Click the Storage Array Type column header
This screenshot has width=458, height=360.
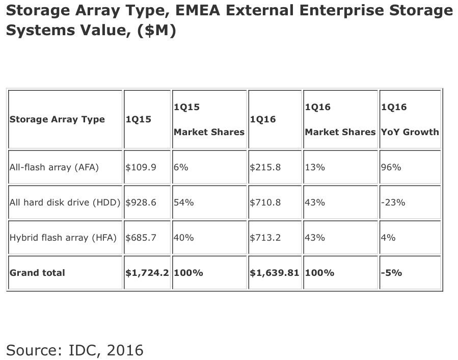pyautogui.click(x=57, y=119)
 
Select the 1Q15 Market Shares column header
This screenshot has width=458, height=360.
pyautogui.click(x=209, y=120)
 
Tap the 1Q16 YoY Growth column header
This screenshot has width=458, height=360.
pyautogui.click(x=410, y=120)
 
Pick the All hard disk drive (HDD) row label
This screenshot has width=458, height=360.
pyautogui.click(x=65, y=202)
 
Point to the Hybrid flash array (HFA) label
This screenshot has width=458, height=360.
pyautogui.click(x=63, y=237)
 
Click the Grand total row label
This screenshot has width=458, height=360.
pyautogui.click(x=37, y=272)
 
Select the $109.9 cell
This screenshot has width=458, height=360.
pyautogui.click(x=141, y=167)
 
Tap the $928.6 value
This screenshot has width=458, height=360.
pyautogui.click(x=141, y=202)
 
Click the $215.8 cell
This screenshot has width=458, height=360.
pyautogui.click(x=265, y=167)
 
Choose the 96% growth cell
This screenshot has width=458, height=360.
pyautogui.click(x=391, y=167)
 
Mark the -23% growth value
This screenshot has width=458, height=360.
pyautogui.click(x=393, y=202)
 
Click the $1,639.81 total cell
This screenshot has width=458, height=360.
pyautogui.click(x=274, y=272)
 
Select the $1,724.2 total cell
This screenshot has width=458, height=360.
pyautogui.click(x=148, y=272)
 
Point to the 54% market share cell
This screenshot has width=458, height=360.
pyautogui.click(x=183, y=202)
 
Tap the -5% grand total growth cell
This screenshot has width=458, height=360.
pyautogui.click(x=391, y=272)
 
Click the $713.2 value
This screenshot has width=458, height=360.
pyautogui.click(x=265, y=237)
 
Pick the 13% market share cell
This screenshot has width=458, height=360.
pyautogui.click(x=315, y=167)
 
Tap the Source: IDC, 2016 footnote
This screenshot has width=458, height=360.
pyautogui.click(x=75, y=350)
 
